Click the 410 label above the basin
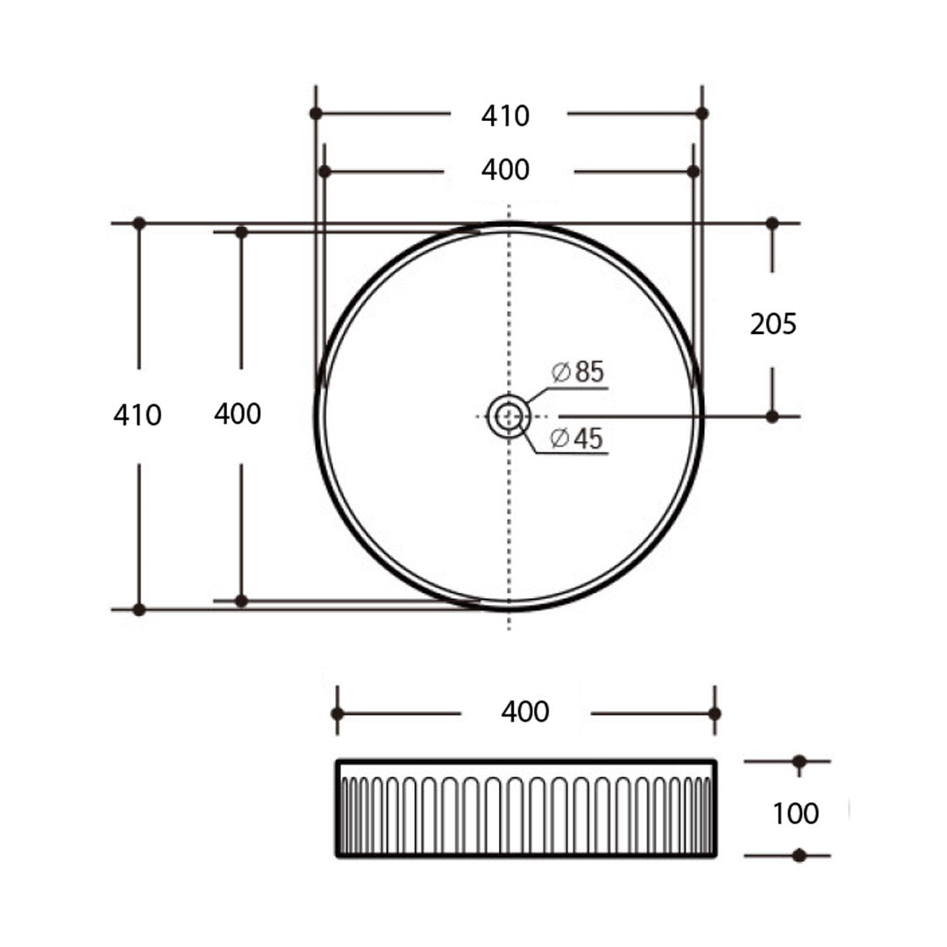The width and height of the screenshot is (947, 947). click(506, 115)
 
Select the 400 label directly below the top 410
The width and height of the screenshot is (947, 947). click(506, 169)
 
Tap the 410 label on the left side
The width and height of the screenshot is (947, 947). click(138, 415)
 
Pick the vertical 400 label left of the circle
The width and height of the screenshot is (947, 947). click(238, 414)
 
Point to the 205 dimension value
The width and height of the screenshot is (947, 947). click(773, 324)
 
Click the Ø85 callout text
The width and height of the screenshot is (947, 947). click(579, 372)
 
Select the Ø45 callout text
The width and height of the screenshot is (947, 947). click(579, 438)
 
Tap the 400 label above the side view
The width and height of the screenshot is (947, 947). click(525, 712)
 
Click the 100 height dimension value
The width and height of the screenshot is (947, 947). click(795, 814)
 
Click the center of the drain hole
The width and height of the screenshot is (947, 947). click(509, 416)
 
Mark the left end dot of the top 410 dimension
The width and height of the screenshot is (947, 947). click(316, 113)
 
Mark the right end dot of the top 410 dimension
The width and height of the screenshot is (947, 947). click(701, 113)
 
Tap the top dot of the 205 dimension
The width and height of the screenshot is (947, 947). click(772, 224)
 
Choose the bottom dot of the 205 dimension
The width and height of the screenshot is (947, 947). click(772, 417)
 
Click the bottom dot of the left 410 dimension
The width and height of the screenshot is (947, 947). click(139, 609)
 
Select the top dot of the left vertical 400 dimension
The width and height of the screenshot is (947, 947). click(241, 231)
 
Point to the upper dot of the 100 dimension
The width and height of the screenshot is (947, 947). click(799, 761)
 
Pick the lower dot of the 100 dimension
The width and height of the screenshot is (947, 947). click(799, 855)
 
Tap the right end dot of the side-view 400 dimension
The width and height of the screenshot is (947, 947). click(715, 714)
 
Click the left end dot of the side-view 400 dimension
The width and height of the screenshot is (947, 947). click(338, 714)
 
